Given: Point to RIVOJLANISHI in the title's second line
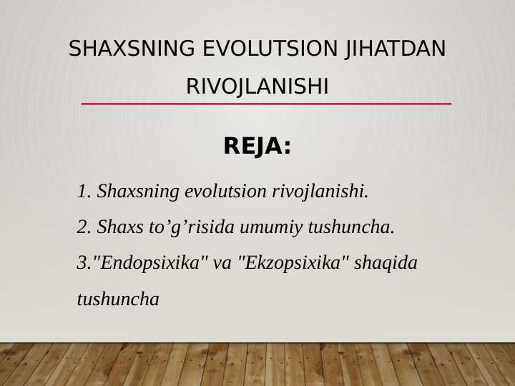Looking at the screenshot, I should (257, 87).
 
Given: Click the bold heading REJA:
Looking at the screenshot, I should (257, 147).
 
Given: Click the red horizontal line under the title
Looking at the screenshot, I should (266, 104).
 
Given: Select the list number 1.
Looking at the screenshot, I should (83, 192).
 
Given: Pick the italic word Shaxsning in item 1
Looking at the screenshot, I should (138, 192).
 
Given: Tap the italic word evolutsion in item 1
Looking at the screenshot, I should (226, 192).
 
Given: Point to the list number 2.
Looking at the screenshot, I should (83, 227).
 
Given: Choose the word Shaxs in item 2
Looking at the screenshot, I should (119, 227).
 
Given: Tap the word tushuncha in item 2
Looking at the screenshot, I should (350, 227).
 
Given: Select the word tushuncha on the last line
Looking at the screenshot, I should (118, 300).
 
